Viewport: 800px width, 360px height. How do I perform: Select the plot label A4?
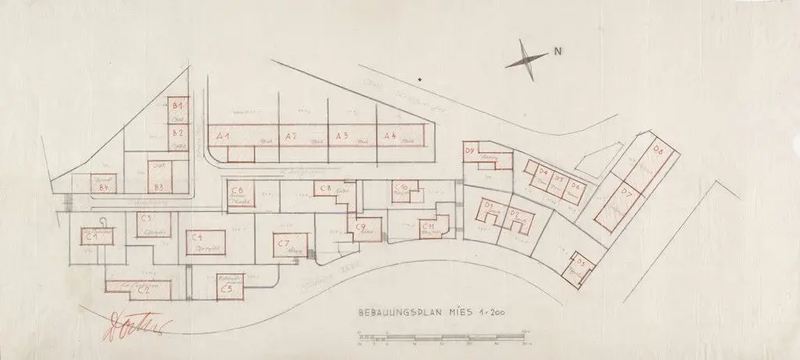390,136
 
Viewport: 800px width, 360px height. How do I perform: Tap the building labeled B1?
178,105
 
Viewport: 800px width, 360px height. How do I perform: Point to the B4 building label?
101,187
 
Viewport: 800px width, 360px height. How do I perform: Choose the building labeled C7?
284,244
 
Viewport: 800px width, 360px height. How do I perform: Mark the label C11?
428,226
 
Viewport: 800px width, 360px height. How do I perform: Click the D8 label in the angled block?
659,150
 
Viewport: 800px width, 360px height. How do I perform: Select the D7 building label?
627,191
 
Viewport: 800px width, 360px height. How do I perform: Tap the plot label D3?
579,262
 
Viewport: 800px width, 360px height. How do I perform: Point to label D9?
470,150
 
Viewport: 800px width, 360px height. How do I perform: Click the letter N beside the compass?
558,52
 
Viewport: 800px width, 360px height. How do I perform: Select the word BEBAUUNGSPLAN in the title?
393,312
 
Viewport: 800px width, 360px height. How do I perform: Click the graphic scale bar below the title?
444,338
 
